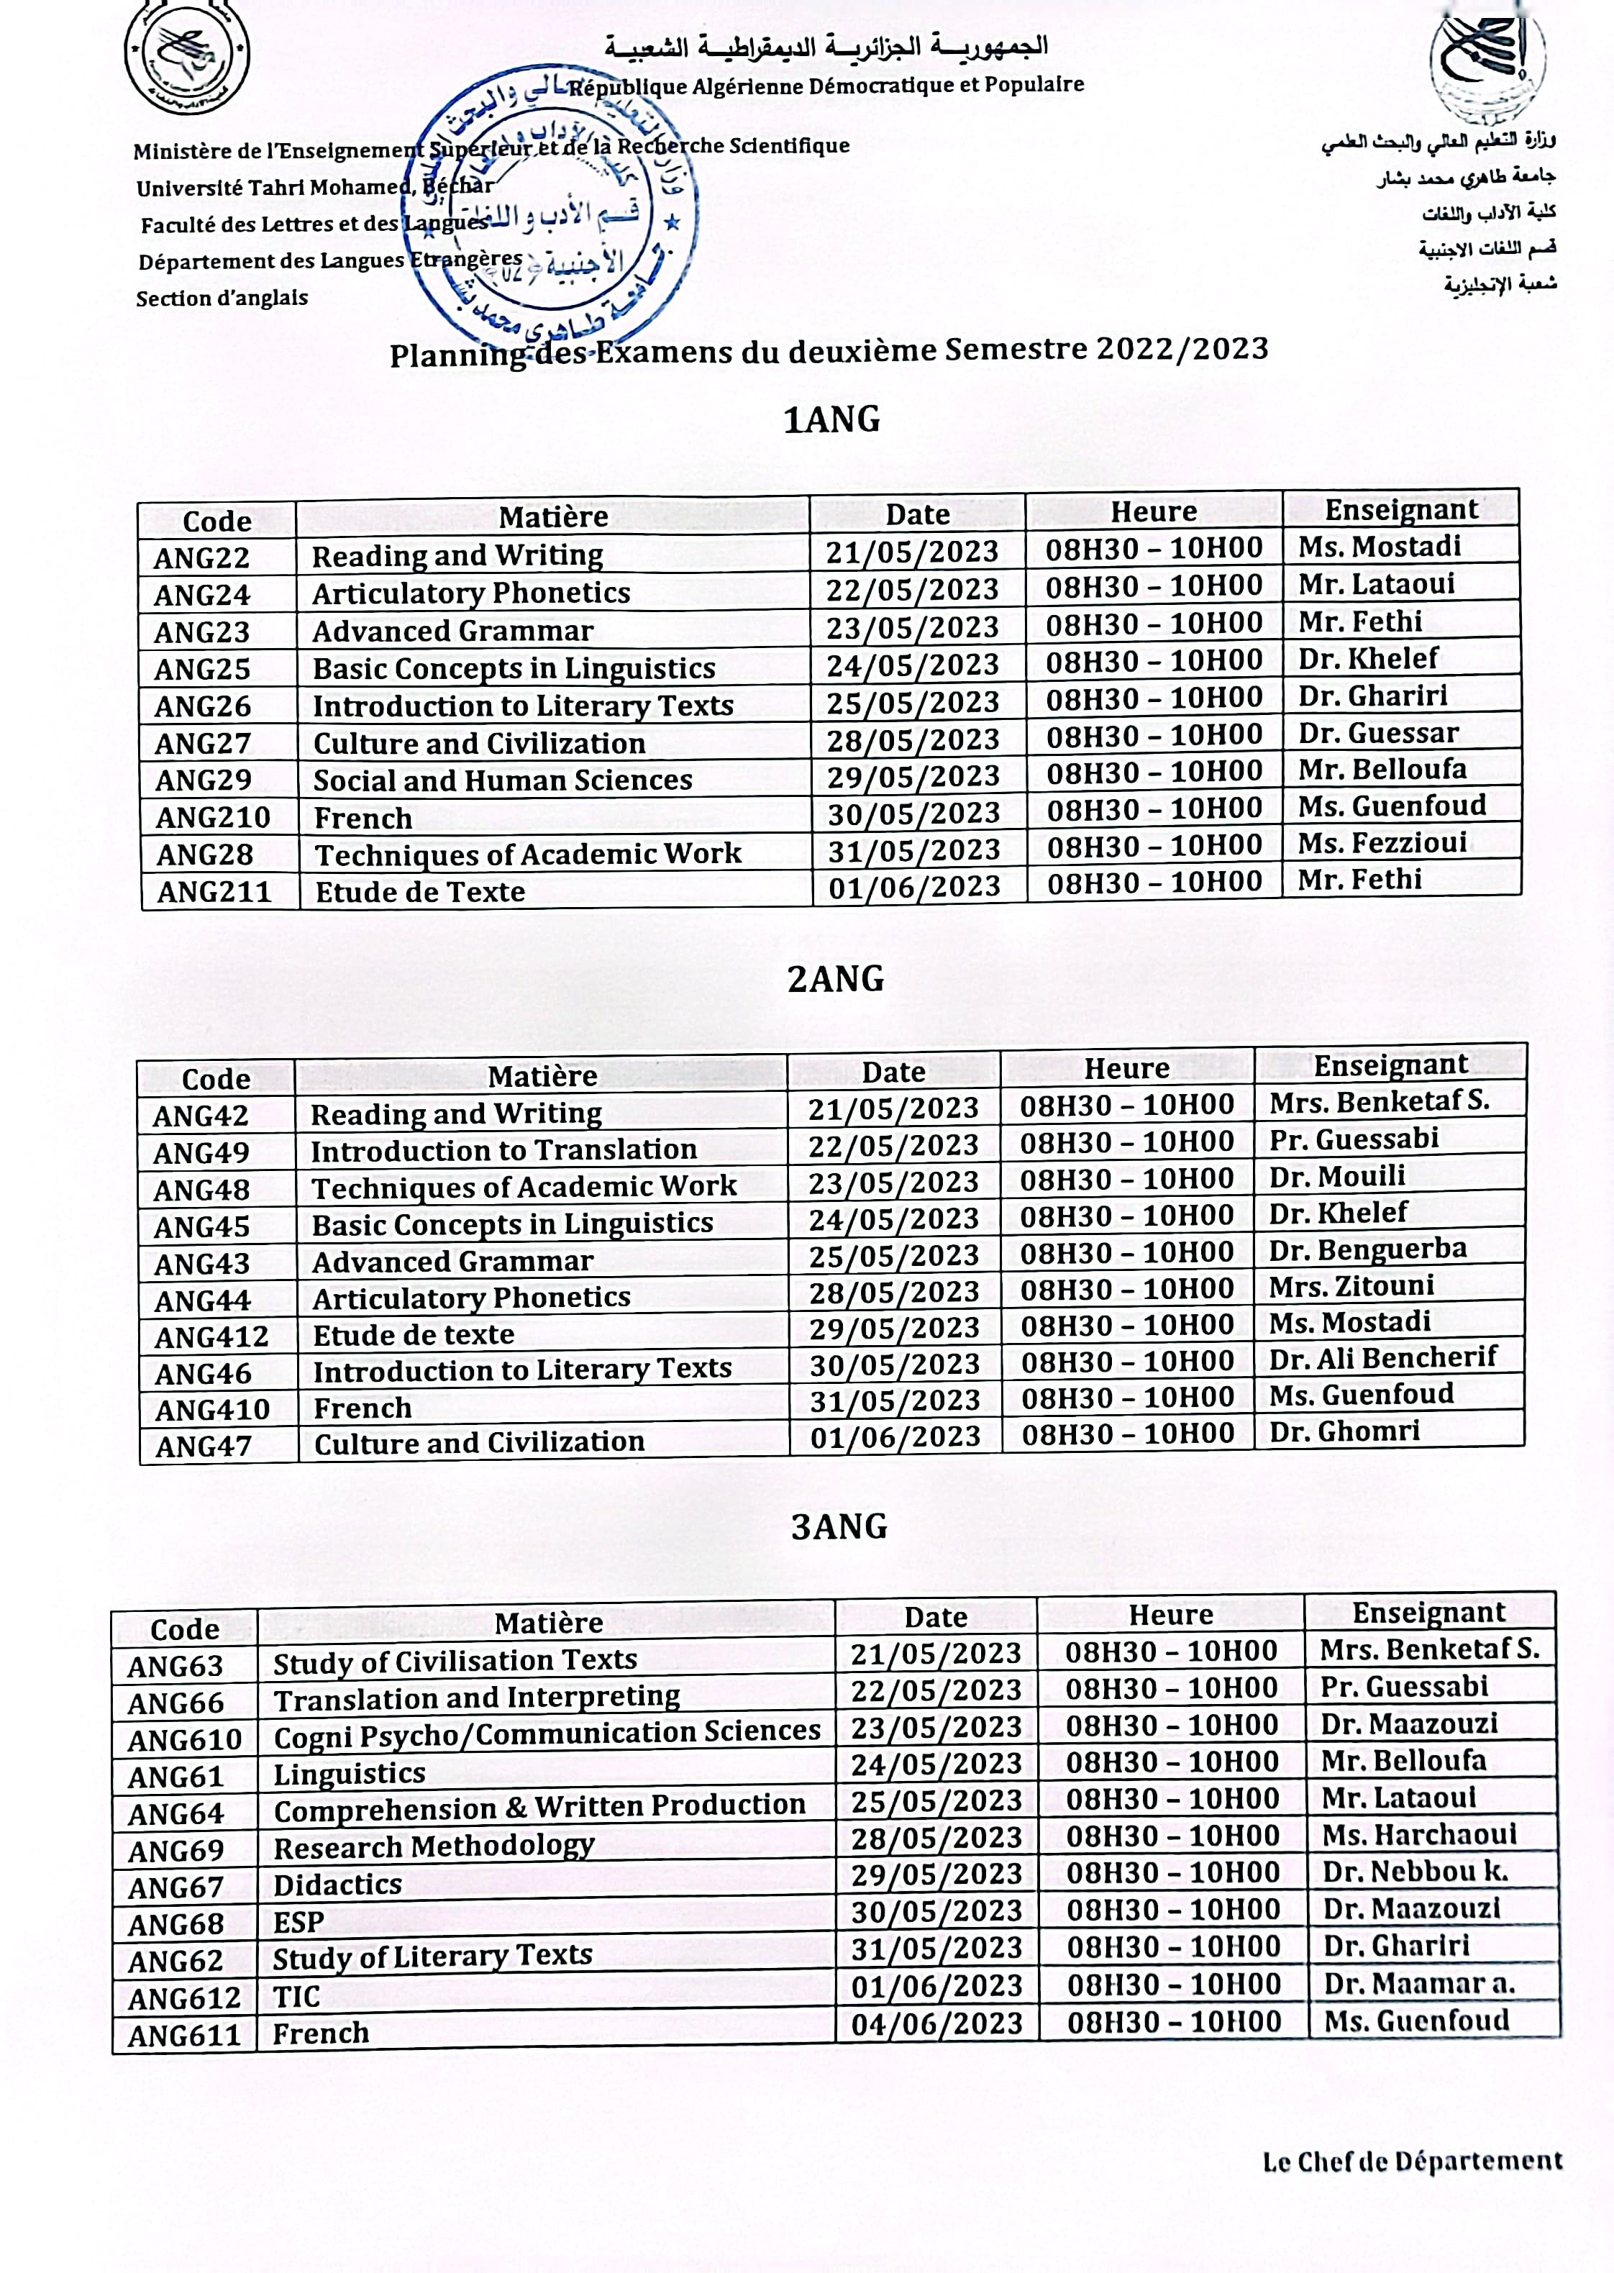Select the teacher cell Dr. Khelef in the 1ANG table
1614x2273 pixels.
(1367, 658)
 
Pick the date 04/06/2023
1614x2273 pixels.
(936, 2023)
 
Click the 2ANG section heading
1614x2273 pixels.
(835, 979)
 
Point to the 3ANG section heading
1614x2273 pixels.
(839, 1526)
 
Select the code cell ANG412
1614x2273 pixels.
(211, 1336)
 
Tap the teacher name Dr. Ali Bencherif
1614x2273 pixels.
(1382, 1357)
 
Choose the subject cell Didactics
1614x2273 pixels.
(338, 1885)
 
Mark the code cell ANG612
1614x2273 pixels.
(185, 1998)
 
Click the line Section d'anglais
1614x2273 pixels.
(222, 299)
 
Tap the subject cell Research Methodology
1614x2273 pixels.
(434, 1846)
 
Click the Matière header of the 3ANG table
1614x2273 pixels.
(549, 1622)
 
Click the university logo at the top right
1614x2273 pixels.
(1488, 62)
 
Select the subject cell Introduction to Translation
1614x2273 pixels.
(504, 1150)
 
